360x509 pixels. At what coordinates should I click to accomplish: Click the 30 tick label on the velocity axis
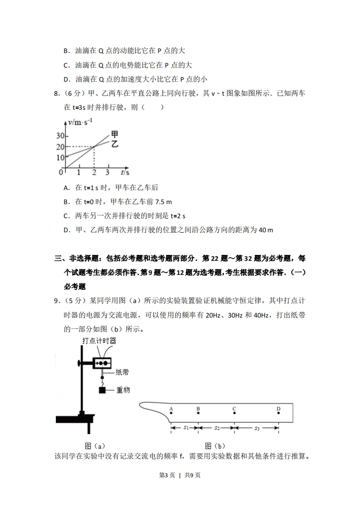pyautogui.click(x=60, y=136)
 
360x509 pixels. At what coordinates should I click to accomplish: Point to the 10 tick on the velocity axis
pyautogui.click(x=60, y=157)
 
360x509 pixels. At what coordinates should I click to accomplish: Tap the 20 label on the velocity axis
pyautogui.click(x=60, y=147)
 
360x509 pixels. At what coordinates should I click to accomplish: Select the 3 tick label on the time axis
pyautogui.click(x=107, y=173)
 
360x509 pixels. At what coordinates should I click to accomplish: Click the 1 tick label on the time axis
pyautogui.click(x=79, y=173)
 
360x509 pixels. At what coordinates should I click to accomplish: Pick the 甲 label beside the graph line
pyautogui.click(x=115, y=134)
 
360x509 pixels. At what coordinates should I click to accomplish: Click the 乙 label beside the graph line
pyautogui.click(x=115, y=144)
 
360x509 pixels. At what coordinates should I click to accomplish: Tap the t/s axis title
pyautogui.click(x=125, y=173)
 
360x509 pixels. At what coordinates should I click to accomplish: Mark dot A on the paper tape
pyautogui.click(x=171, y=413)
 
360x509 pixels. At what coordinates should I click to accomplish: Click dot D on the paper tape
pyautogui.click(x=278, y=413)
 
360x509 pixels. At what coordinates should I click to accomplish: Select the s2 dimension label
pyautogui.click(x=217, y=427)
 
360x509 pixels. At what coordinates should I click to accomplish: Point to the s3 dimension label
pyautogui.click(x=256, y=427)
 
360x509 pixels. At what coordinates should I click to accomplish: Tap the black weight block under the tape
pyautogui.click(x=103, y=390)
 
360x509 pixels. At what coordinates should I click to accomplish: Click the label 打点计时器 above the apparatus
pyautogui.click(x=99, y=341)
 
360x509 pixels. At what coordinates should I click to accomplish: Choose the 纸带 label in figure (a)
pyautogui.click(x=122, y=372)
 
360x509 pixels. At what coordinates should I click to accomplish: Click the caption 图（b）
pyautogui.click(x=215, y=446)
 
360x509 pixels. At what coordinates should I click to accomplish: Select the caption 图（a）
pyautogui.click(x=95, y=446)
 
